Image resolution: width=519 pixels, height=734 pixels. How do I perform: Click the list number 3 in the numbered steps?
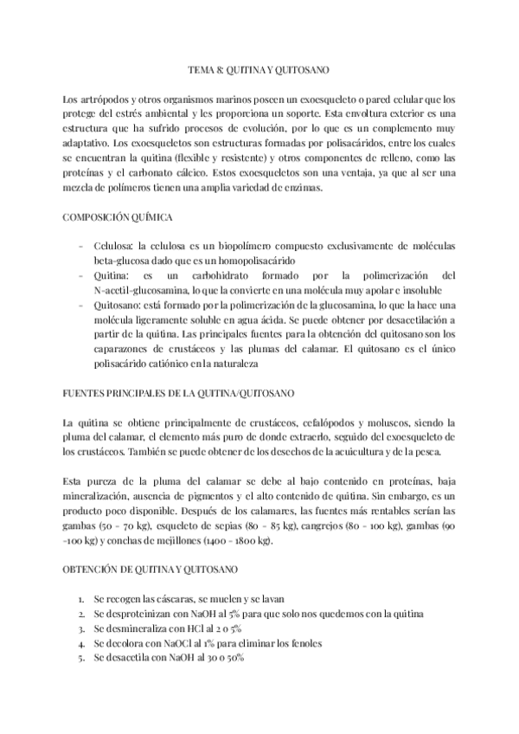point(80,628)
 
